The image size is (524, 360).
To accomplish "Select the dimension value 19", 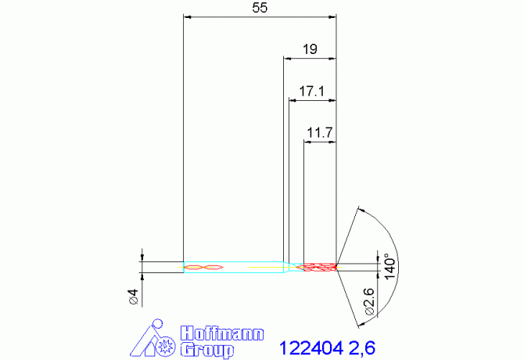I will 310,49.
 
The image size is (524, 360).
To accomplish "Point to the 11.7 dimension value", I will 320,133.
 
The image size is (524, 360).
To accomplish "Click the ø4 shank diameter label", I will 133,297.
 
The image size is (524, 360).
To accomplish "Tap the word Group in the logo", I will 207,348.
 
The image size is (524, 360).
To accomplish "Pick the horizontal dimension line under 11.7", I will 320,142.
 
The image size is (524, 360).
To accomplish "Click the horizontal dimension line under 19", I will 310,57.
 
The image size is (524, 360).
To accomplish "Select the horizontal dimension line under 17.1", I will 312,99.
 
